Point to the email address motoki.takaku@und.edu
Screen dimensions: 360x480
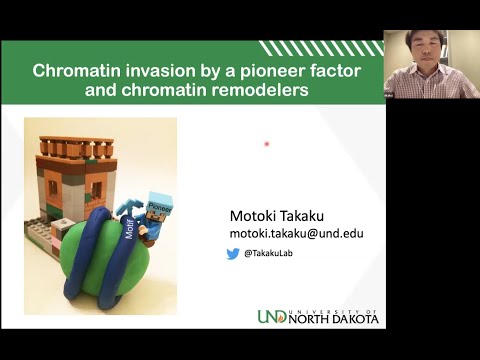pyautogui.click(x=296, y=233)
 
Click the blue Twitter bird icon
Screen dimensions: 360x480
pyautogui.click(x=233, y=254)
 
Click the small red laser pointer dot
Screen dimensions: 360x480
pyautogui.click(x=267, y=144)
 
